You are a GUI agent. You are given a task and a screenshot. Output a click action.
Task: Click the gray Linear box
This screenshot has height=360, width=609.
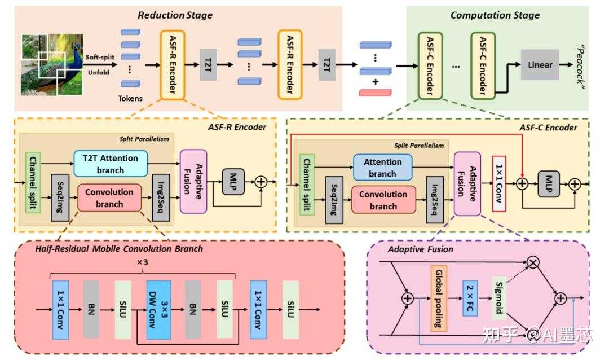click(x=540, y=65)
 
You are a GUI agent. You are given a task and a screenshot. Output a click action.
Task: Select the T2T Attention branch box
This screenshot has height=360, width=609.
click(x=111, y=164)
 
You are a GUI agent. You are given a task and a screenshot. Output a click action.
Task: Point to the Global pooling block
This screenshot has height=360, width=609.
click(x=438, y=297)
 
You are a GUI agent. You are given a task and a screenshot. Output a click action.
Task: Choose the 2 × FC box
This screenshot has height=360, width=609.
click(x=470, y=297)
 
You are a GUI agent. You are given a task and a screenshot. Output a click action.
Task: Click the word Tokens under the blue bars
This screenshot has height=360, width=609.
click(x=130, y=99)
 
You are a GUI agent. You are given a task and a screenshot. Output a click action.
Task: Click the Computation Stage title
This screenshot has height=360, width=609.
click(x=495, y=15)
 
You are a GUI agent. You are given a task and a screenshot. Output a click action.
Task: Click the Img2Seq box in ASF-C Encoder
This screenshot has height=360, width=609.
click(x=435, y=199)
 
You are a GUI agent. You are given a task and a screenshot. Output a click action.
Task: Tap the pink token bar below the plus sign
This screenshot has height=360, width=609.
click(x=375, y=93)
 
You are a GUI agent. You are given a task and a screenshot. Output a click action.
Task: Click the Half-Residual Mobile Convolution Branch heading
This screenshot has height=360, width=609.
click(x=118, y=248)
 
